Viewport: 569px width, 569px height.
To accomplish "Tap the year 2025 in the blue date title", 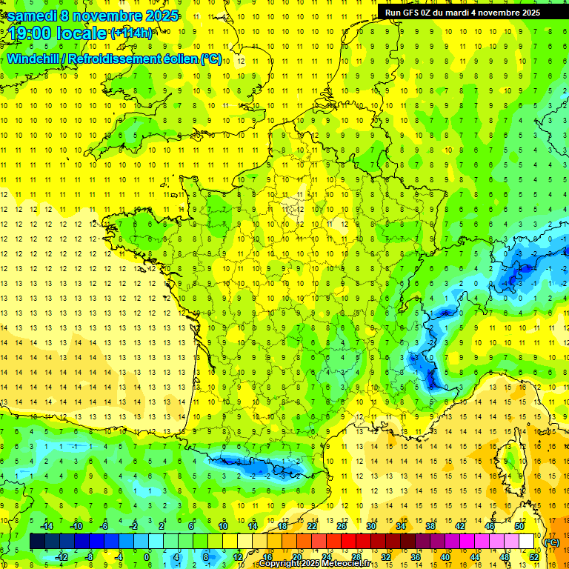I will click(158, 16).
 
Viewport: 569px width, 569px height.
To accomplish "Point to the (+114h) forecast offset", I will click(131, 33).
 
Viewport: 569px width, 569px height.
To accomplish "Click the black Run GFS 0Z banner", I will click(462, 13).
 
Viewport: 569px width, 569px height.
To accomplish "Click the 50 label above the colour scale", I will click(519, 525).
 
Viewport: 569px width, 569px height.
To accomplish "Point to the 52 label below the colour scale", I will click(533, 556).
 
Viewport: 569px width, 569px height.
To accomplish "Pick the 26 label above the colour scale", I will click(342, 525).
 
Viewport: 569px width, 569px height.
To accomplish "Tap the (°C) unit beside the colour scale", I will click(551, 542).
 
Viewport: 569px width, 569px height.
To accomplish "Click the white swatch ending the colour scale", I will click(526, 542).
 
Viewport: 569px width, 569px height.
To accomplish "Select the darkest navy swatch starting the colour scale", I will click(37, 542).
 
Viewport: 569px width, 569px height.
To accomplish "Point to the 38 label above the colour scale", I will click(430, 525).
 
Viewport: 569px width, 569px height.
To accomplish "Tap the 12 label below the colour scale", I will click(238, 556).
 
